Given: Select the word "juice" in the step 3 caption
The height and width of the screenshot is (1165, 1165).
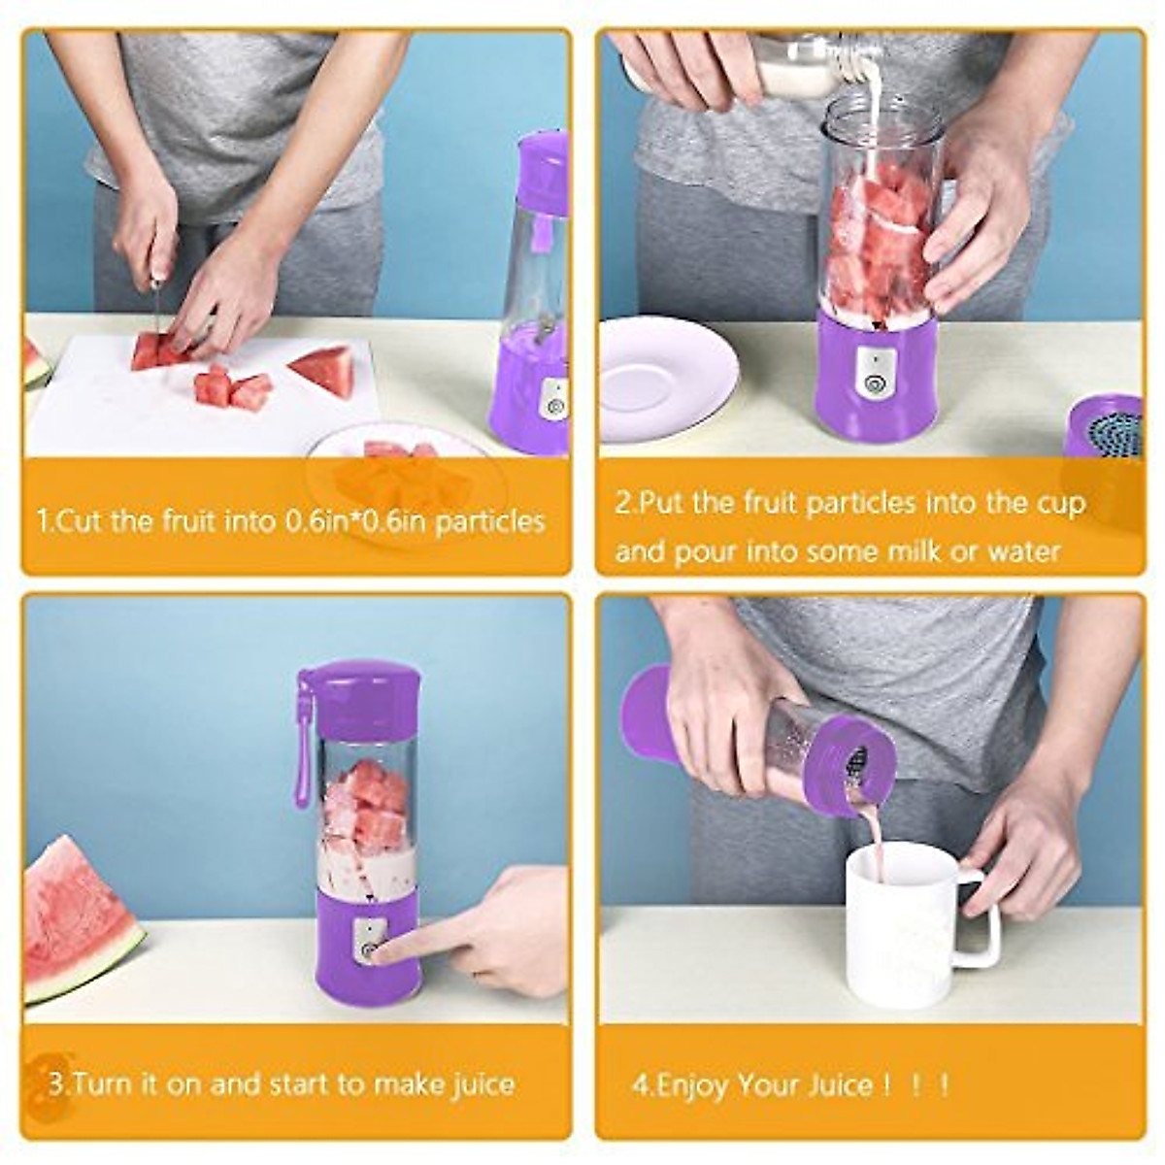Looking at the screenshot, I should (483, 1083).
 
